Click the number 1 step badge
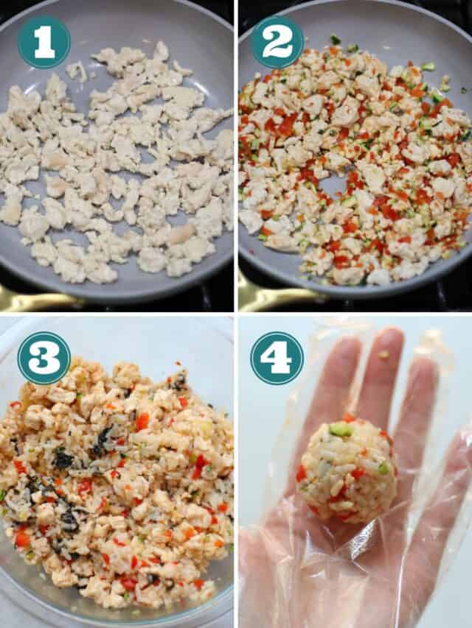coord(44,42)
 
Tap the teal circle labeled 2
coord(277,42)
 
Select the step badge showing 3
coord(44,358)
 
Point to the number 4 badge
coord(277,358)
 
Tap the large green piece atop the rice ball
coord(341,428)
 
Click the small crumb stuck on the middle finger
coord(384,354)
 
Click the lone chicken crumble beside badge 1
coord(77,71)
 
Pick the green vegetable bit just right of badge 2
coord(336,39)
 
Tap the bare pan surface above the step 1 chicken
coord(118,29)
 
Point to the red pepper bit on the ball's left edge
coord(301,473)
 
